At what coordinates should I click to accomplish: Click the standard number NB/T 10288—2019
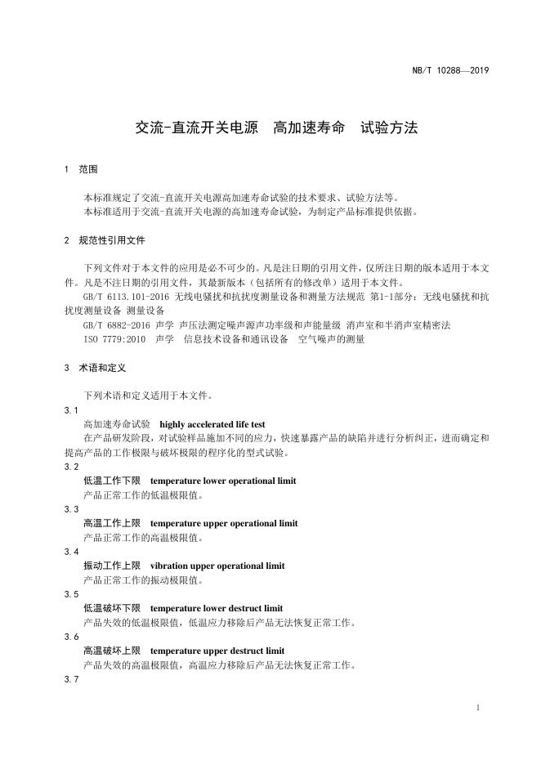coord(449,70)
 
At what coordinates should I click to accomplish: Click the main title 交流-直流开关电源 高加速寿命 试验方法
coord(276,128)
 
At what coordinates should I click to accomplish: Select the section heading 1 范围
coord(81,170)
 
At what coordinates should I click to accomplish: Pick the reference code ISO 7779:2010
coord(114,339)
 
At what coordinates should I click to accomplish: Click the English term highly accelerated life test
coord(212,424)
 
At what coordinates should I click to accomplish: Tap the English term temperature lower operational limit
coord(223,481)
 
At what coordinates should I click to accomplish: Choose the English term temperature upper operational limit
coord(224,523)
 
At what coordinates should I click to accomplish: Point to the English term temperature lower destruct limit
coord(217,608)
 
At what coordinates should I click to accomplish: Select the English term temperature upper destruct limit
coord(217,651)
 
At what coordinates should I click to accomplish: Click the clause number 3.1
coord(71,410)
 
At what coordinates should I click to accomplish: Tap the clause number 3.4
coord(71,552)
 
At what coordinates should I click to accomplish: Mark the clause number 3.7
coord(71,679)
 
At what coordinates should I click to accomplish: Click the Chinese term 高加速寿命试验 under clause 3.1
coord(117,424)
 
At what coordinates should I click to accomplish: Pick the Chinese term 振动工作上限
coord(112,566)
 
